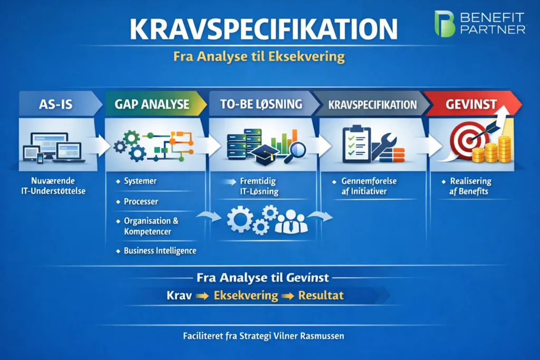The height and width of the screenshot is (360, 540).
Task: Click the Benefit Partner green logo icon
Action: coord(445,23)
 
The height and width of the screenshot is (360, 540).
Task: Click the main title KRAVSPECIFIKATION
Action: coord(264,30)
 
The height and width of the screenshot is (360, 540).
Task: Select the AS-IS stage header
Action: coord(56,104)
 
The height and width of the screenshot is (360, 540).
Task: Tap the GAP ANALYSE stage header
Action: coord(152,104)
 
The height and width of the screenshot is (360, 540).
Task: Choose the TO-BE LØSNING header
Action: coord(262,104)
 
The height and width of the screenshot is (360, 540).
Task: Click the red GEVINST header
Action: coord(471,104)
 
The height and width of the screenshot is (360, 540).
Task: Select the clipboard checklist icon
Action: coord(356,144)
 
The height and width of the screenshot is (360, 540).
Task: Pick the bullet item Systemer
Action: coord(140,181)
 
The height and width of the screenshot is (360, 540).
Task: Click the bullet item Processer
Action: coord(141,201)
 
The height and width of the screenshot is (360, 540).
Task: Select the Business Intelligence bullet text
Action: coord(160,251)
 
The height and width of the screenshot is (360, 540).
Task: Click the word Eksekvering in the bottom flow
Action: coord(246,295)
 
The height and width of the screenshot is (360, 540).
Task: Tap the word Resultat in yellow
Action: coord(321,295)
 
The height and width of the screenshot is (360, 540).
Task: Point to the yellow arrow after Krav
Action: coord(202,296)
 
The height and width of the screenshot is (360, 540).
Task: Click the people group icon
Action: coord(291,222)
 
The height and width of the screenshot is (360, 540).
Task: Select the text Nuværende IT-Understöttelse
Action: coord(53,186)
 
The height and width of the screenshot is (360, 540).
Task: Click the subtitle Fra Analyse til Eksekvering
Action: coord(259,56)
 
